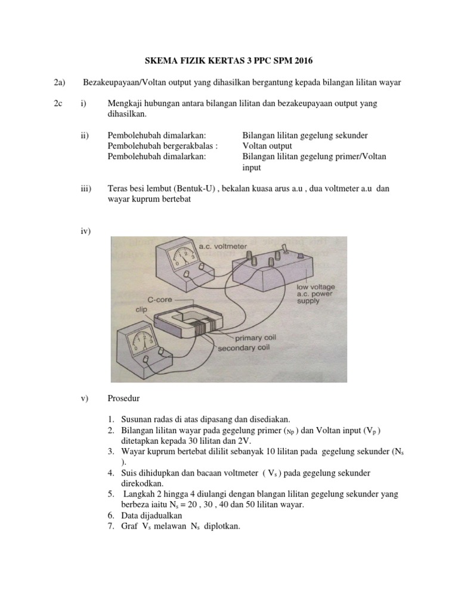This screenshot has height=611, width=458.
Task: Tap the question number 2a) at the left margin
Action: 58,82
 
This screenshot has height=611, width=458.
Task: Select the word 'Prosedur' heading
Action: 126,398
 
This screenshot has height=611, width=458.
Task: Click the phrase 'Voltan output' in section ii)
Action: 267,146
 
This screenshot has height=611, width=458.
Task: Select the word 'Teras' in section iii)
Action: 119,188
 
